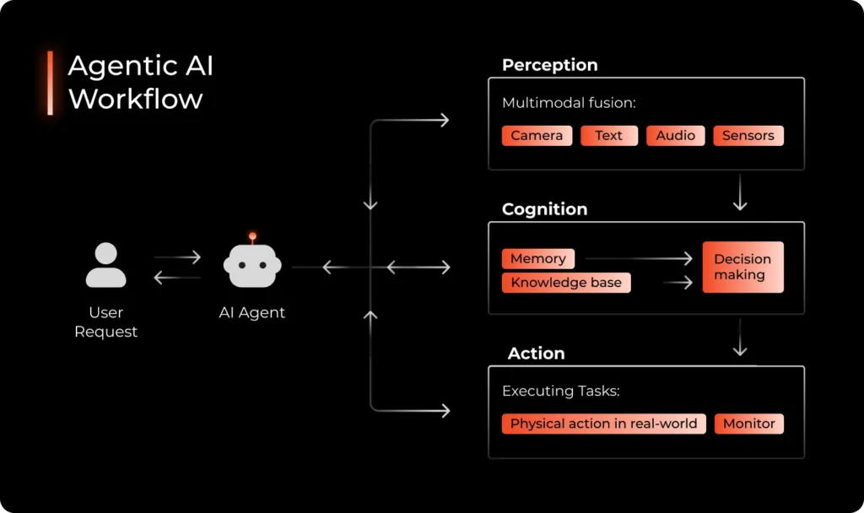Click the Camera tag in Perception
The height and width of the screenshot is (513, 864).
[537, 136]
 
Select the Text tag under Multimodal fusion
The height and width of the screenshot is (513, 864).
[608, 136]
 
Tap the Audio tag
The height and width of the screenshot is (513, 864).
[675, 136]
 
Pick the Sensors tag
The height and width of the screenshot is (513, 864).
[748, 136]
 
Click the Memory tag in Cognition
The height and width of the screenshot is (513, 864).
[537, 259]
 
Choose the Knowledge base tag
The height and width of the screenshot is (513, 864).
[565, 283]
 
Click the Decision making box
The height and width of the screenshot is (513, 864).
[742, 267]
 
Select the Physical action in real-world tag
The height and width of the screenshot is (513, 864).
[603, 424]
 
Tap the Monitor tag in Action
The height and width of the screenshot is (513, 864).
[748, 424]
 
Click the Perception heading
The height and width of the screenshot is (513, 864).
[549, 65]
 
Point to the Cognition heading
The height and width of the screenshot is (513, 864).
[544, 209]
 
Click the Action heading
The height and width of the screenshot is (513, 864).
[536, 354]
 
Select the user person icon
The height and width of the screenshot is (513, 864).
[106, 266]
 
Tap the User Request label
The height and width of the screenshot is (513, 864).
[106, 322]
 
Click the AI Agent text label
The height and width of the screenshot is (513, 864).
[251, 313]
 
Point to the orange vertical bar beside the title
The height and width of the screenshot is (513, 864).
[50, 83]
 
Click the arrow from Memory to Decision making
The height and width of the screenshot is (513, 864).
[638, 259]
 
